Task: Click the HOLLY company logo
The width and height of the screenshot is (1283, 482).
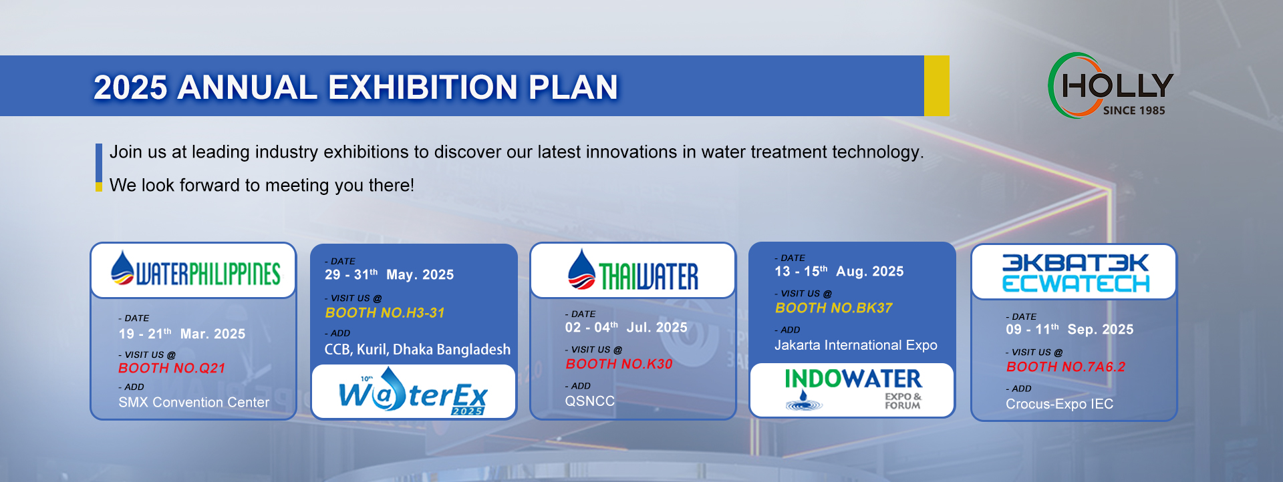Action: click(x=1110, y=85)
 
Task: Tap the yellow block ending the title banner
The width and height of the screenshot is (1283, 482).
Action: click(x=936, y=85)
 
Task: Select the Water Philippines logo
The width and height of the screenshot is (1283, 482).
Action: click(x=195, y=269)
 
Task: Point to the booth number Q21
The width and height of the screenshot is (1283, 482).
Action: click(x=172, y=368)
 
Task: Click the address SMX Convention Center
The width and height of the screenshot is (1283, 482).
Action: click(x=194, y=402)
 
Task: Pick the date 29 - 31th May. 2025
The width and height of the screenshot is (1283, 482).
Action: click(x=389, y=274)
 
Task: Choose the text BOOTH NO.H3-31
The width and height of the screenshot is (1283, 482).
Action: click(x=385, y=312)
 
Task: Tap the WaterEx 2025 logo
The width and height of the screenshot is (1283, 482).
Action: click(x=414, y=392)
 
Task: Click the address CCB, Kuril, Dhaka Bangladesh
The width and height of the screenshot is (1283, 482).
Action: click(x=418, y=349)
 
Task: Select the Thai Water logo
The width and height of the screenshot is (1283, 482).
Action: click(x=633, y=270)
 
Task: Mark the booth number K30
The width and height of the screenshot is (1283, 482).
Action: click(x=619, y=364)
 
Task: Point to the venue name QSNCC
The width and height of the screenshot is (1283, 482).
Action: click(x=590, y=401)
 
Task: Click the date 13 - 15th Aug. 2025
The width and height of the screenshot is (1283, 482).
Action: click(x=839, y=271)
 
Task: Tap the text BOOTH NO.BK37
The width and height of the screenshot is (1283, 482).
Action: click(x=834, y=308)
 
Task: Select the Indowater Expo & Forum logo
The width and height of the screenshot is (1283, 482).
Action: click(x=853, y=389)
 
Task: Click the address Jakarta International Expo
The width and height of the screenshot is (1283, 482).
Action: click(x=856, y=345)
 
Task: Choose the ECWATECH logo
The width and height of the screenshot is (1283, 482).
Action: click(x=1075, y=272)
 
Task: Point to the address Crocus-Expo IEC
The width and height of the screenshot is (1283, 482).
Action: click(x=1060, y=404)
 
